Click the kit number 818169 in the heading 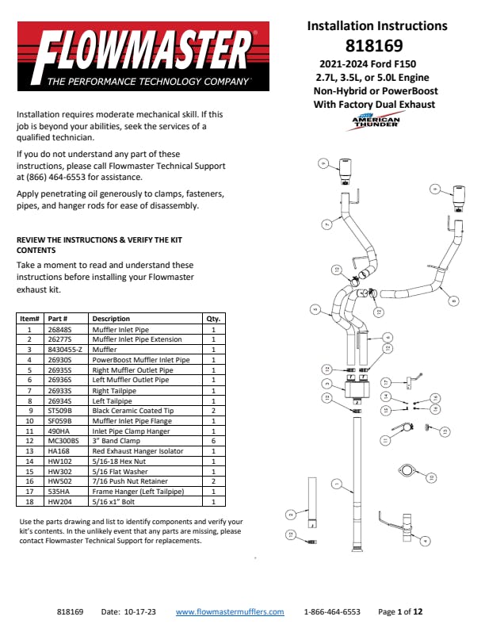coord(374,45)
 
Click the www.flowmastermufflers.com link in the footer coord(229,612)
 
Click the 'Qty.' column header coord(213,319)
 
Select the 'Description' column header coord(111,319)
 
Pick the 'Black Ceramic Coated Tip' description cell coord(129,411)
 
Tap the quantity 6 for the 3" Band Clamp coord(213,442)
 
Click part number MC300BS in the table coord(64,442)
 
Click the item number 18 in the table coord(29,503)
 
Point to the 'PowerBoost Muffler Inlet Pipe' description coord(141,360)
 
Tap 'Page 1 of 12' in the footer coord(400,612)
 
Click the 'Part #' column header coord(59,319)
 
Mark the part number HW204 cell coord(59,503)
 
